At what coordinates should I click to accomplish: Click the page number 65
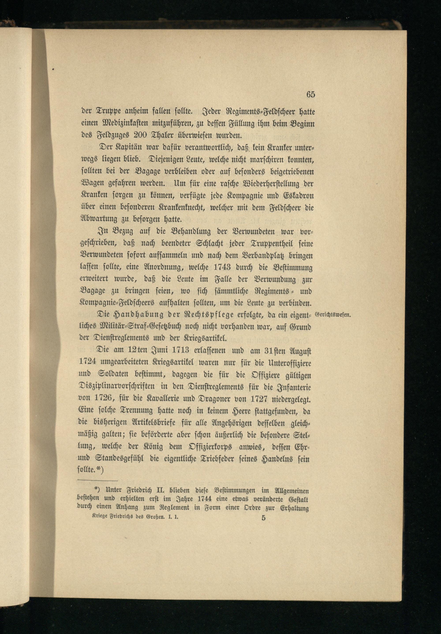point(310,94)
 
